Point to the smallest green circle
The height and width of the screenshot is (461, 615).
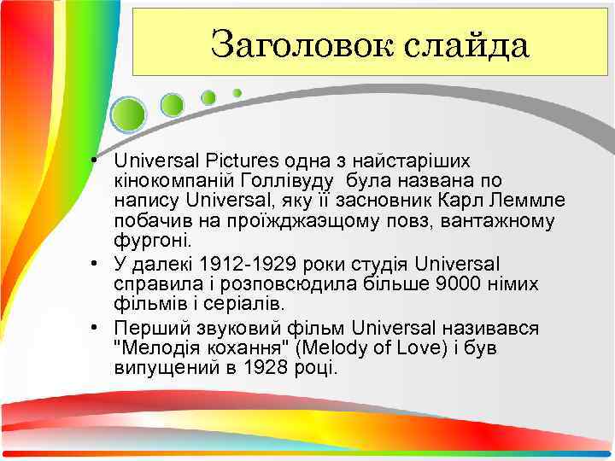point(237,92)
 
